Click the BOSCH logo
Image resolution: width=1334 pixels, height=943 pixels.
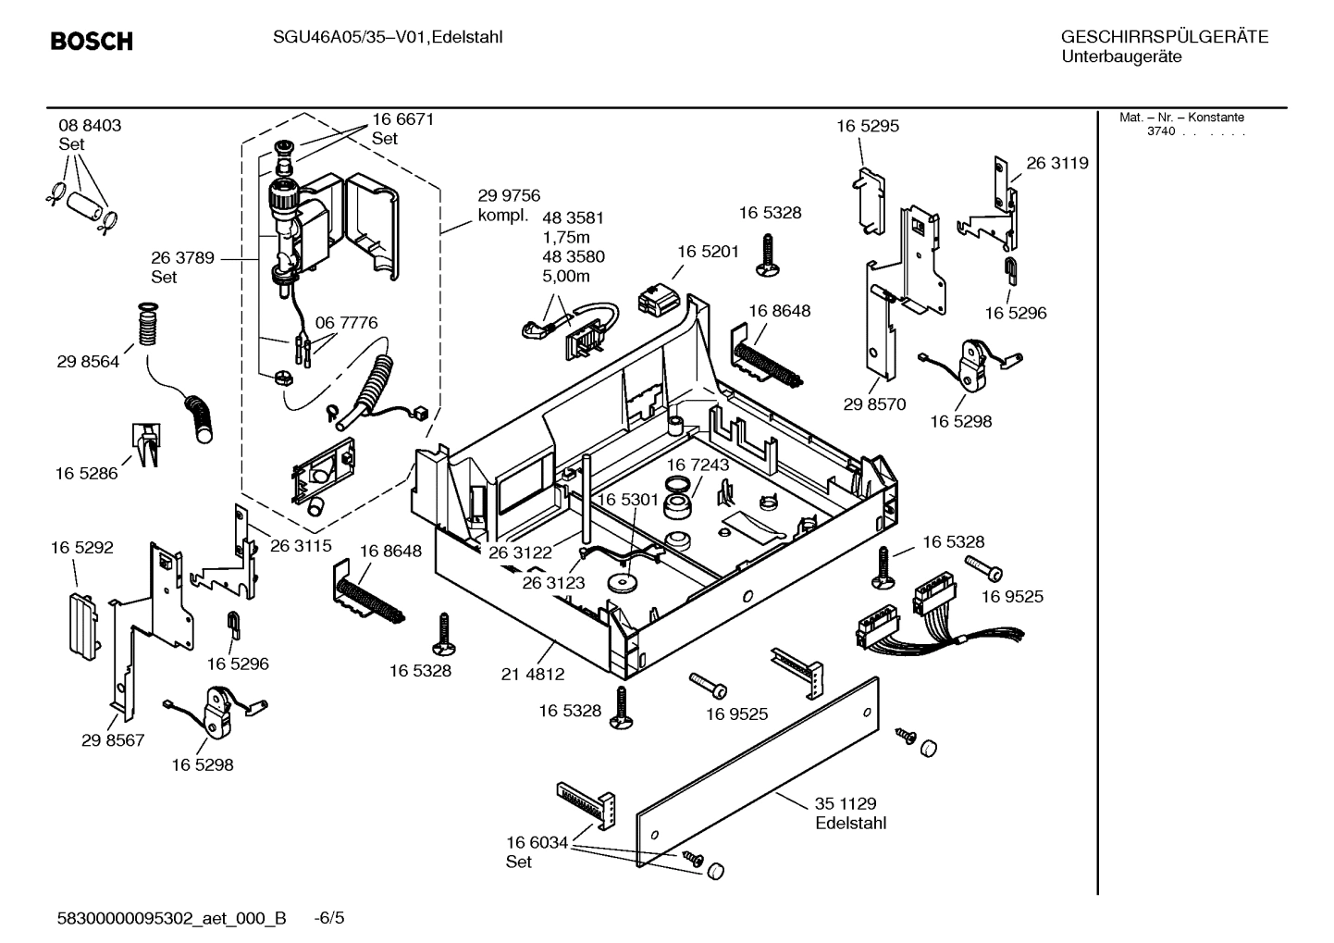pyautogui.click(x=92, y=42)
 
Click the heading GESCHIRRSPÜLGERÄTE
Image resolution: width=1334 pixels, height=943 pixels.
pyautogui.click(x=1164, y=38)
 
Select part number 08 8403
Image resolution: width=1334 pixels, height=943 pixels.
pyautogui.click(x=90, y=126)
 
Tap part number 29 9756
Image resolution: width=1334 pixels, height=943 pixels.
pyautogui.click(x=509, y=196)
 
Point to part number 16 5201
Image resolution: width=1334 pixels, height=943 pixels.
pyautogui.click(x=708, y=252)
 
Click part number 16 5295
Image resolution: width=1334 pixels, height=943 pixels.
pyautogui.click(x=867, y=126)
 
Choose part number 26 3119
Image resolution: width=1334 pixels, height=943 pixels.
pyautogui.click(x=1056, y=163)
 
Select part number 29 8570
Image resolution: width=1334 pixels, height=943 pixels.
pyautogui.click(x=874, y=404)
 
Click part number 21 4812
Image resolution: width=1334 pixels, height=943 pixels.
pyautogui.click(x=532, y=675)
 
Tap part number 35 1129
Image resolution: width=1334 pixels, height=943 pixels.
pyautogui.click(x=845, y=803)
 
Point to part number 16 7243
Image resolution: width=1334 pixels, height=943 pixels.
pyautogui.click(x=698, y=465)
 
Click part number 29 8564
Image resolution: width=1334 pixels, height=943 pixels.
pyautogui.click(x=88, y=362)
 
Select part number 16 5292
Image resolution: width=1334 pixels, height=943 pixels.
pyautogui.click(x=82, y=548)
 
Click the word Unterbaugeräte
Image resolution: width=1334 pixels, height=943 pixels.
pyautogui.click(x=1120, y=56)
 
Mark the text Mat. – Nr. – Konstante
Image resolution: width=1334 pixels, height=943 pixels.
pyautogui.click(x=1180, y=118)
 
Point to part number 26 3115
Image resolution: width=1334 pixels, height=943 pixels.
pyautogui.click(x=301, y=546)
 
